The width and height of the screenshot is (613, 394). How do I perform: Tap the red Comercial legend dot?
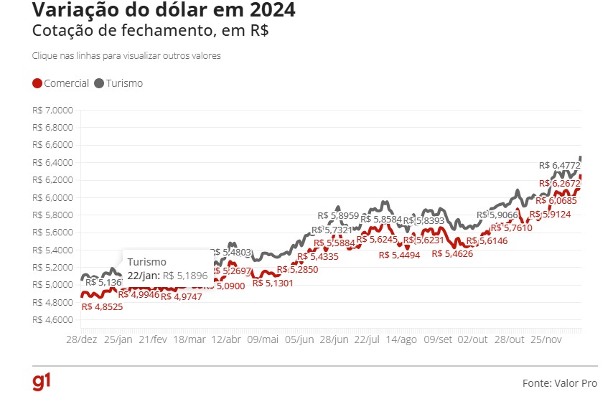pos(37,83)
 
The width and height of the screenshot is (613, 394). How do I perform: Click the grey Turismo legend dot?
pos(99,83)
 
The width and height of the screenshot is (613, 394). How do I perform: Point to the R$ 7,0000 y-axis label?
pos(53,111)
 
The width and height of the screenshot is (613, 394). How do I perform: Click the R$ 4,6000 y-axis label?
pos(53,319)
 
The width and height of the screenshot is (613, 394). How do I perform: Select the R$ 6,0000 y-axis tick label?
pos(53,197)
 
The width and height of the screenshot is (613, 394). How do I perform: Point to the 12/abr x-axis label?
pos(226,339)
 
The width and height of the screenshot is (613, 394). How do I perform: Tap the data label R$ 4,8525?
pos(102,306)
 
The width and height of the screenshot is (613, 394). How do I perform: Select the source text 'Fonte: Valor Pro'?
pos(559,383)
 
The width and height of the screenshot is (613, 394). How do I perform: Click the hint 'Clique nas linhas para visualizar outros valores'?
pos(126,55)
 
